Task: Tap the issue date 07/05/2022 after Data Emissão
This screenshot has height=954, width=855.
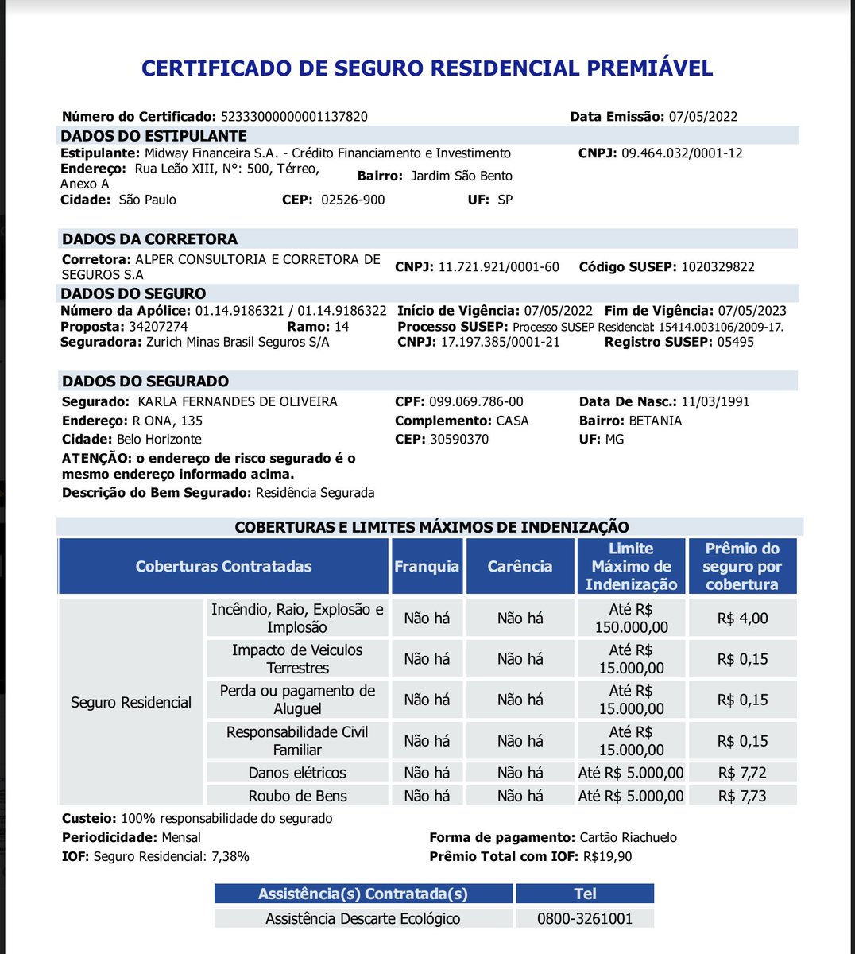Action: [x=702, y=117]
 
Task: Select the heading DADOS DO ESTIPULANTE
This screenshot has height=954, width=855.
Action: [x=154, y=136]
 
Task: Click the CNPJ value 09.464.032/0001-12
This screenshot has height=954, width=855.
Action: [x=681, y=153]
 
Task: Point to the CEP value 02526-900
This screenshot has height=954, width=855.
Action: [x=353, y=200]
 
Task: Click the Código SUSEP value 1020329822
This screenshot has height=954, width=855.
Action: [x=718, y=267]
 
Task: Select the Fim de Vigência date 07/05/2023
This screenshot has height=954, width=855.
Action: [x=752, y=311]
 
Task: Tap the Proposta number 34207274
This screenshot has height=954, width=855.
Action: [x=158, y=327]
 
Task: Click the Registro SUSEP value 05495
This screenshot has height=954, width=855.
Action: [x=734, y=342]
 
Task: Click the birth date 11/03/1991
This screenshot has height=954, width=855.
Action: [x=715, y=402]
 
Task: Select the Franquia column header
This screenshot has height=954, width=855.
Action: [x=427, y=567]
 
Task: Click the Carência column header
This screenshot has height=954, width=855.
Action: [x=520, y=567]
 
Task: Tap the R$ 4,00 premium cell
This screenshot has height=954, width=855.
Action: [x=742, y=619]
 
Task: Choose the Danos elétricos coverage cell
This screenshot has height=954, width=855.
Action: [x=297, y=773]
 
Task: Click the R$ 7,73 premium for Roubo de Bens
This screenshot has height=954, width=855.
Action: [x=742, y=796]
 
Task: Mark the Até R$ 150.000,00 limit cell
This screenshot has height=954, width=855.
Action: [x=631, y=619]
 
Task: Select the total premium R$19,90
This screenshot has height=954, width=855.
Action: [x=608, y=857]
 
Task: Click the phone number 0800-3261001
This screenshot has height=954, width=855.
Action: [x=585, y=919]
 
